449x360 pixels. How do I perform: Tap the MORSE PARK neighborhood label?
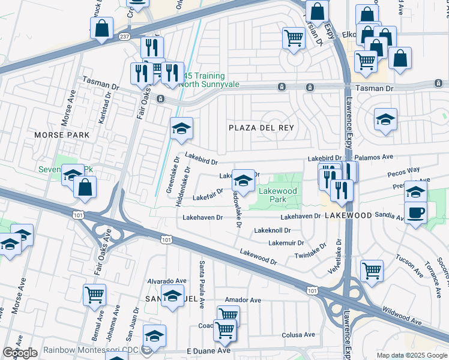pos(62,135)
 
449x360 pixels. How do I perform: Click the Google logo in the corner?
pos(20,353)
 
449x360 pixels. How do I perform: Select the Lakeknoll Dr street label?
pos(273,230)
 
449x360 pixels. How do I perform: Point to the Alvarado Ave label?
pos(165,281)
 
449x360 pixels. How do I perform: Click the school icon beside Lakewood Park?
pos(243,179)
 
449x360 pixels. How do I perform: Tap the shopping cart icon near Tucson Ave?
pos(372,270)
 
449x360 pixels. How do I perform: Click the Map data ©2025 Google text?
pos(411,355)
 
